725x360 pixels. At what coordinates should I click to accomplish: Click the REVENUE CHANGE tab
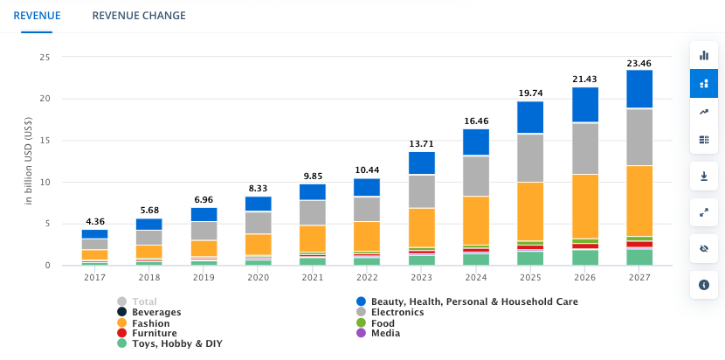[138, 16]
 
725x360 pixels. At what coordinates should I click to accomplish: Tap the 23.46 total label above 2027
[639, 64]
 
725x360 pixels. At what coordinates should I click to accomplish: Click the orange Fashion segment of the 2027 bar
[639, 201]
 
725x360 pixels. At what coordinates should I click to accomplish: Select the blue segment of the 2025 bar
[530, 118]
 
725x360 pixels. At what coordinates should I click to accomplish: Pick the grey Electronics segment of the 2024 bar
[476, 177]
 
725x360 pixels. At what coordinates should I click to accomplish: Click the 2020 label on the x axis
[258, 278]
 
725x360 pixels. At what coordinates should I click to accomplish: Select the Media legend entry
[385, 334]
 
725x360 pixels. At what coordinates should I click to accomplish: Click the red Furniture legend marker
[121, 334]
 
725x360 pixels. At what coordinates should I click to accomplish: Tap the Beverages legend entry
[155, 312]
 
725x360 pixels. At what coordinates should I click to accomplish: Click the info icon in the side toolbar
[704, 285]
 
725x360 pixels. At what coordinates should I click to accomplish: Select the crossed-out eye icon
[704, 248]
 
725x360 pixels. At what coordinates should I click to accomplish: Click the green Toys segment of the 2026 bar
[585, 258]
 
